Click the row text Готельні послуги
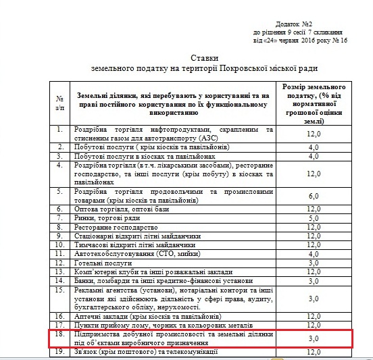[x=104, y=261]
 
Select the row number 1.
[x=59, y=129]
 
